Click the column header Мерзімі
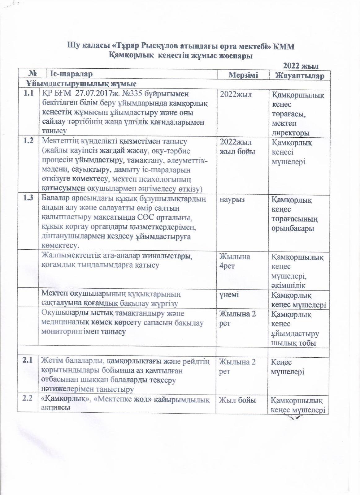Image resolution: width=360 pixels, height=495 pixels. coord(243,75)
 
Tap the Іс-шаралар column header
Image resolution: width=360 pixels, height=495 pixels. coord(72,74)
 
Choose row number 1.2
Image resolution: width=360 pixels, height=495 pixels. coord(28,141)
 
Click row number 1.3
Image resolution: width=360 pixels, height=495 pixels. coord(28,198)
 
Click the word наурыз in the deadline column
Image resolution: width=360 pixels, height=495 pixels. coord(232,199)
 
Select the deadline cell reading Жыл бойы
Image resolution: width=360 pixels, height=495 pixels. coord(237,400)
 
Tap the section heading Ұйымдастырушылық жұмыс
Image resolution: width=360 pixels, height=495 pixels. coord(81,84)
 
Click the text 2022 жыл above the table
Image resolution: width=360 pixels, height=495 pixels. coord(301,66)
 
